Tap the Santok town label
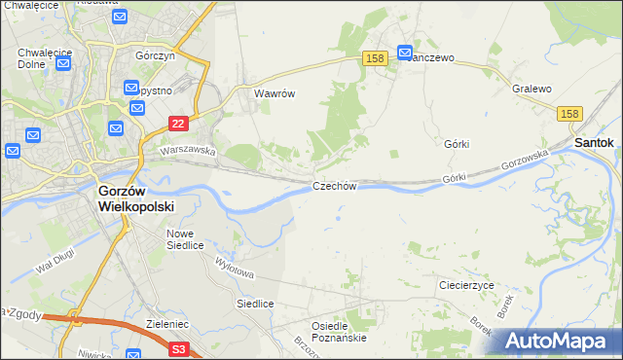[x=594, y=142]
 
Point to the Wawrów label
[x=274, y=94]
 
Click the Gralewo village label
[x=531, y=89]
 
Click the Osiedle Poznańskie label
[x=338, y=332]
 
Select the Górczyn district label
[x=155, y=55]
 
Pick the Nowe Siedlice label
[x=184, y=239]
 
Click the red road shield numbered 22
[x=177, y=123]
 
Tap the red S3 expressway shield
[x=177, y=348]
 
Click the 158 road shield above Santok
[x=571, y=115]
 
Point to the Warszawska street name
[x=187, y=151]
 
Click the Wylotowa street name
[x=235, y=265]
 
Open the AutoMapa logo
[x=560, y=341]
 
